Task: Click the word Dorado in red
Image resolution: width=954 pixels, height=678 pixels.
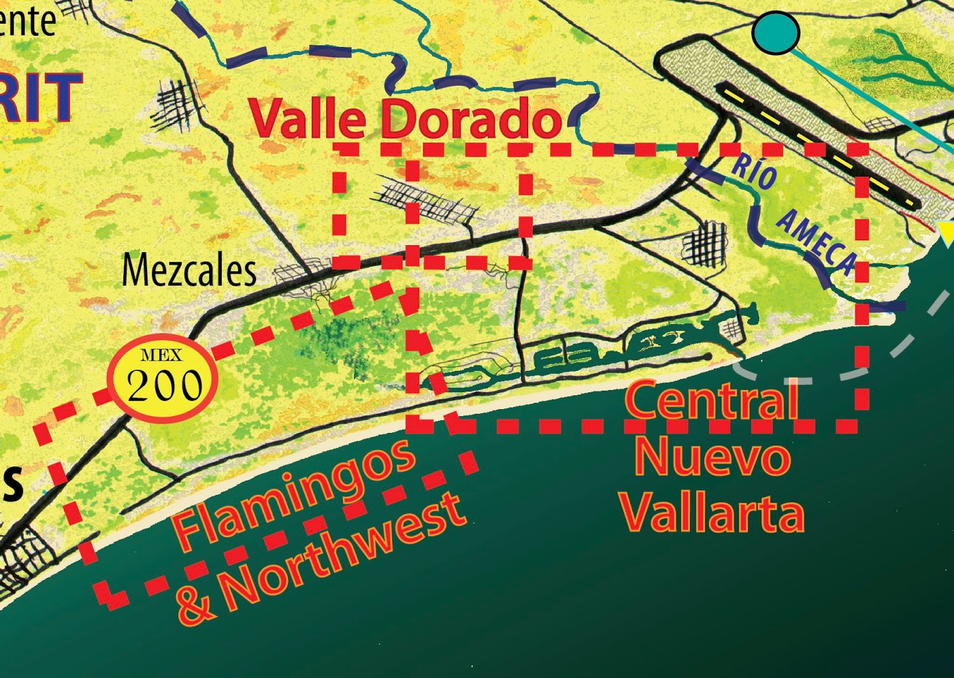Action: (x=471, y=118)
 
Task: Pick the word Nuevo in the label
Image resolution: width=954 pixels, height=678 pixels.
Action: (x=713, y=458)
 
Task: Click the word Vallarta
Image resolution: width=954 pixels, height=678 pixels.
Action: (x=713, y=513)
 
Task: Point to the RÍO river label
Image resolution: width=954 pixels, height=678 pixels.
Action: (x=754, y=173)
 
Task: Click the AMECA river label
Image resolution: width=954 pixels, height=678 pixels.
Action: (x=817, y=242)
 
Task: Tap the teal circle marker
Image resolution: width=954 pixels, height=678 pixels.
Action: (x=775, y=33)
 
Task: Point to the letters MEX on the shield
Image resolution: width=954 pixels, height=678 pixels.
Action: (x=162, y=356)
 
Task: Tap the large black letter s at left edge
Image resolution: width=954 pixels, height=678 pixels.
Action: (x=12, y=482)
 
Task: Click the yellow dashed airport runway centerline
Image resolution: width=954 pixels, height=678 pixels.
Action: (x=817, y=146)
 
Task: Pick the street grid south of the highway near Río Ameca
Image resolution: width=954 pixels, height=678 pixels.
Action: (x=705, y=243)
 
